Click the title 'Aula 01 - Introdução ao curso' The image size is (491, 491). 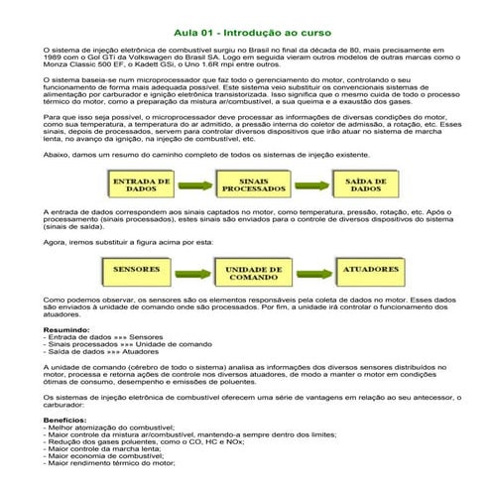(x=245, y=32)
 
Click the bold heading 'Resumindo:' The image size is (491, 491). (x=66, y=330)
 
